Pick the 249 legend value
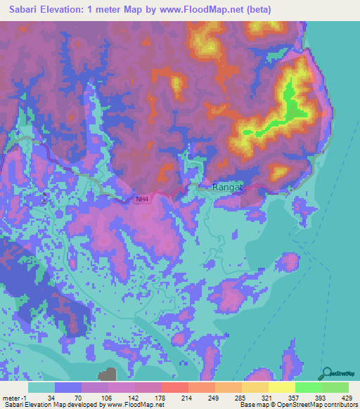pos(215,397)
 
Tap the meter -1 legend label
pos(15,397)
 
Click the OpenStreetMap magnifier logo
pos(326,375)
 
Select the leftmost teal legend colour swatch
pos(41,387)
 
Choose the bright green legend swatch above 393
pos(309,387)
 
